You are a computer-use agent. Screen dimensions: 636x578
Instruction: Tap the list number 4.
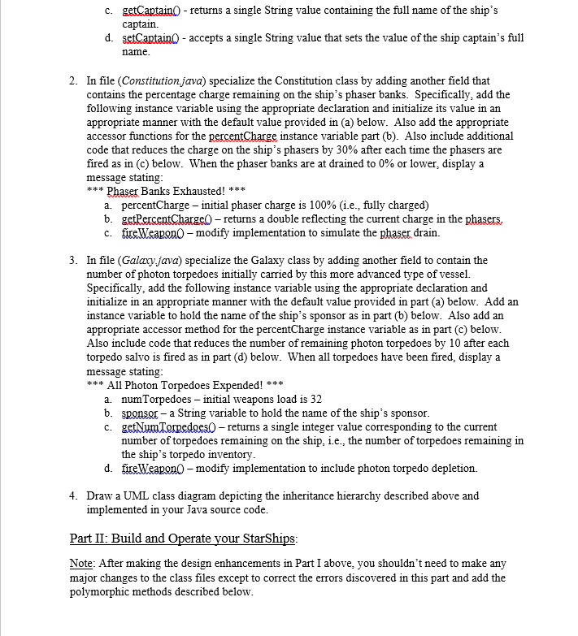73,495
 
